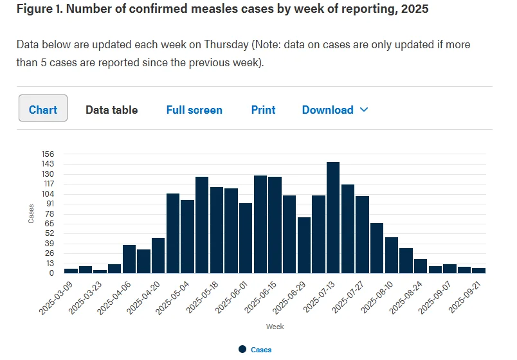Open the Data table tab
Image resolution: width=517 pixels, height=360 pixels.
coord(112,110)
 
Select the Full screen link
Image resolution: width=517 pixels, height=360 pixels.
coord(194,110)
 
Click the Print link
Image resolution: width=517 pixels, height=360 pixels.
coord(263,110)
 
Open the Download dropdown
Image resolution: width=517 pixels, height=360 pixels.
coord(335,110)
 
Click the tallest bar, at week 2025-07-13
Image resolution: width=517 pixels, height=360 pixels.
coord(333,217)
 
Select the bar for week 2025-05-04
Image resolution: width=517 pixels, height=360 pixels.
coord(187,237)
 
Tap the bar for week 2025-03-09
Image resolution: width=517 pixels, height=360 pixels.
coord(71,271)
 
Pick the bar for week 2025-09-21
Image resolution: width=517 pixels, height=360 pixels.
coord(479,271)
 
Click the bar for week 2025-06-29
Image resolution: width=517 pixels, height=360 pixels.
coord(304,246)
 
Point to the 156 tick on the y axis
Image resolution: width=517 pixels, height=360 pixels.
coord(48,154)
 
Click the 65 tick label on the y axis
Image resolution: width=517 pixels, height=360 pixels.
coord(49,224)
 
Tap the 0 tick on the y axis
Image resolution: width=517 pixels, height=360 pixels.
coord(51,273)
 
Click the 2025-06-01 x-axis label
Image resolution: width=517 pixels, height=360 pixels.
coord(231,298)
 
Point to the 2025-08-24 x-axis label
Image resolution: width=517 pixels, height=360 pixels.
coord(405,298)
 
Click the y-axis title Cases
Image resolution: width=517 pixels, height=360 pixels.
coord(31,213)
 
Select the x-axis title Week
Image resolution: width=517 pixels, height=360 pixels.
coord(275,327)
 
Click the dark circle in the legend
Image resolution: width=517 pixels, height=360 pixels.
coord(242,350)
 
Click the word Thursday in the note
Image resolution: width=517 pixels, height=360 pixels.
coord(226,44)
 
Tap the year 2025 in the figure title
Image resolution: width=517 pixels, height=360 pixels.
coord(415,8)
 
